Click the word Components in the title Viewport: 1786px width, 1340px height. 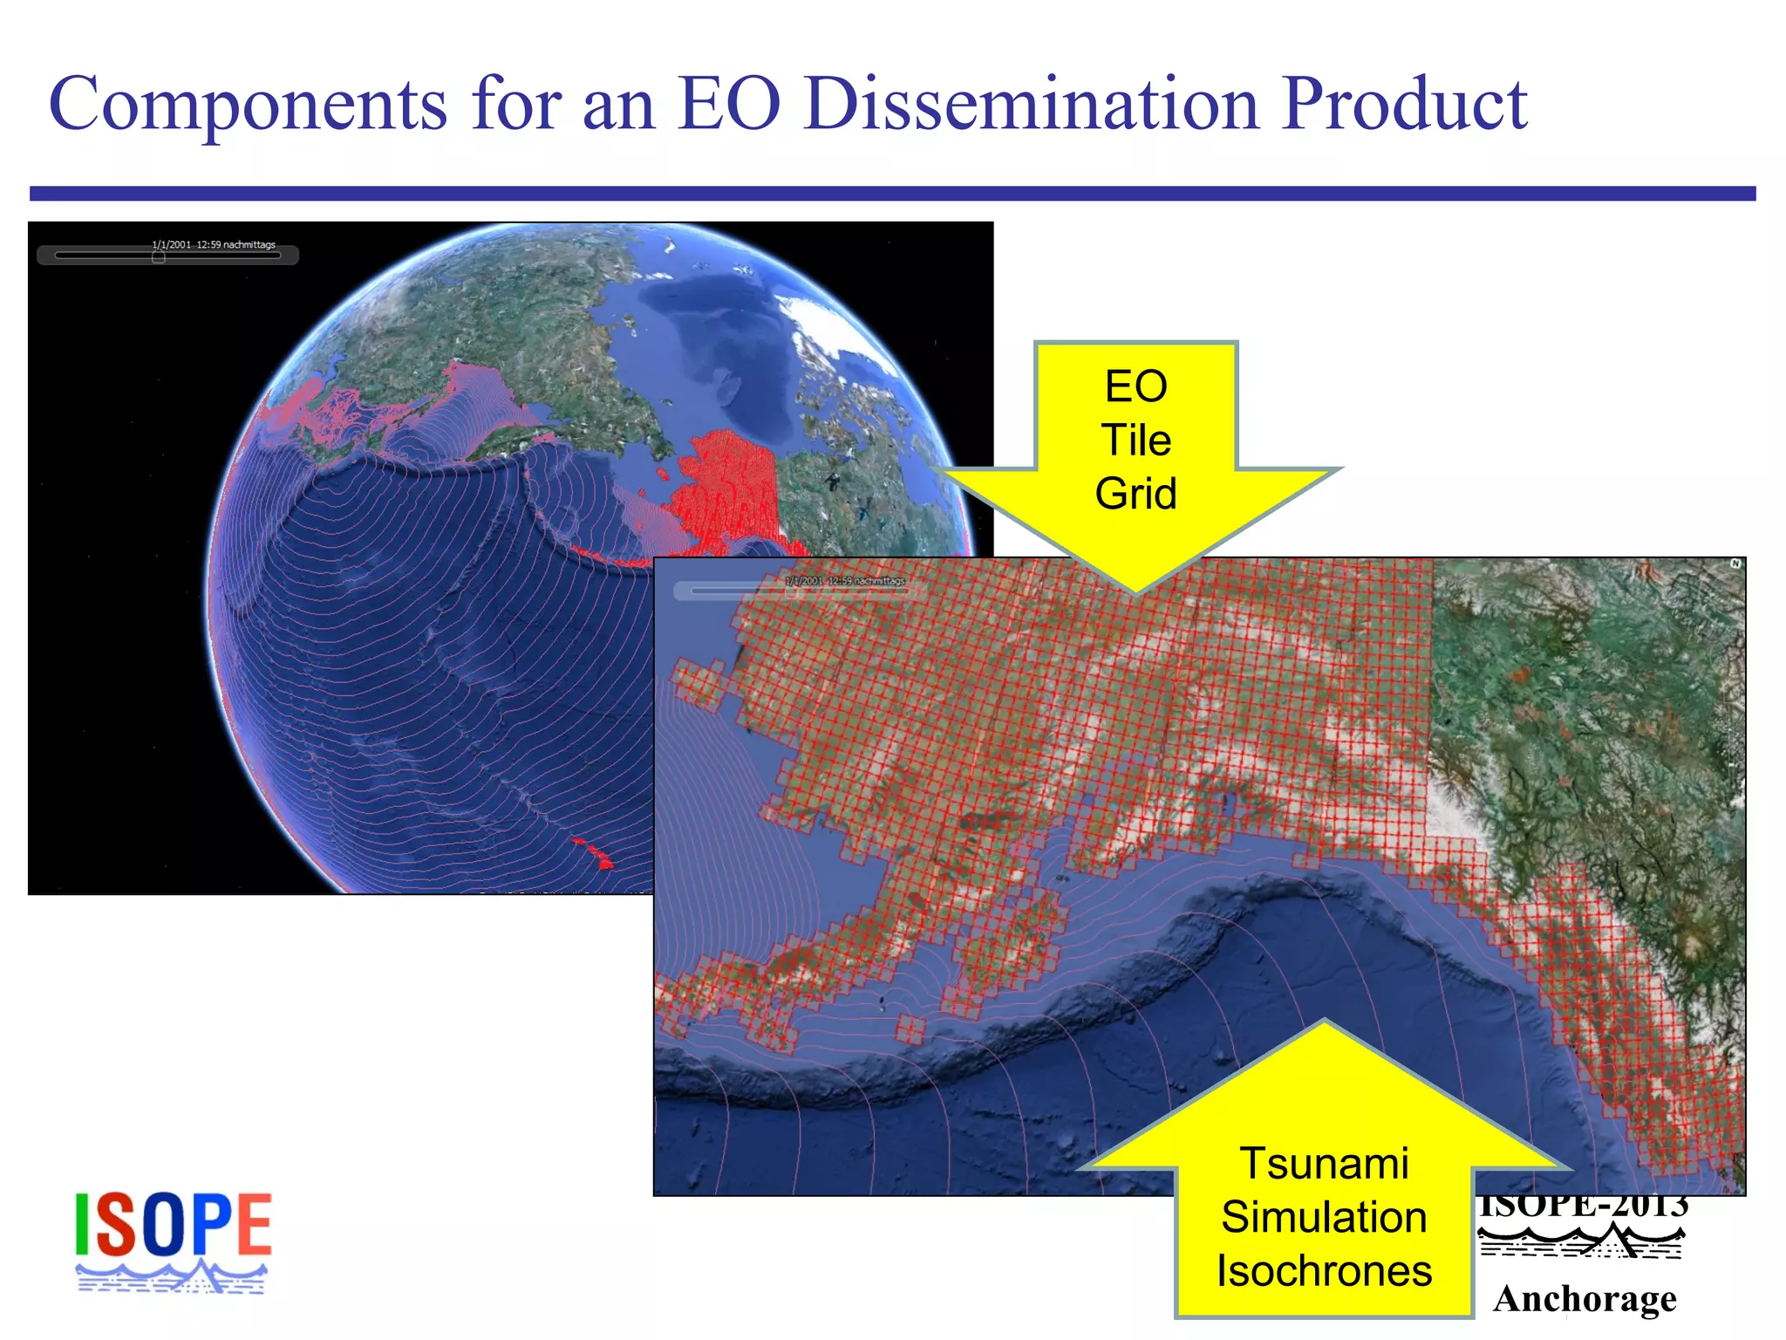click(248, 105)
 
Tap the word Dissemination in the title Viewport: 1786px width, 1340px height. click(1032, 105)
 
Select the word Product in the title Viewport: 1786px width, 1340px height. click(1405, 105)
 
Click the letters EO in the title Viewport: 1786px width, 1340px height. click(729, 105)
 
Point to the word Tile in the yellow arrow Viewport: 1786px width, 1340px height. click(1135, 441)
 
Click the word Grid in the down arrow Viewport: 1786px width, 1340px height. click(1135, 494)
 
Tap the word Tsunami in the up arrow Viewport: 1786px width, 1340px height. click(1324, 1164)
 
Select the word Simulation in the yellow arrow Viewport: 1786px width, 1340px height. click(1324, 1217)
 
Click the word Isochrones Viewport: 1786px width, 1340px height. click(1324, 1271)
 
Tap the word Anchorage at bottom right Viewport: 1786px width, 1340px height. click(1585, 1299)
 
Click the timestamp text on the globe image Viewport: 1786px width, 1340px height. click(214, 245)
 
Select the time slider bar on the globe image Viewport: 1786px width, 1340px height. click(167, 256)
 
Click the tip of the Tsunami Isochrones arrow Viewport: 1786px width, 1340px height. click(1324, 1022)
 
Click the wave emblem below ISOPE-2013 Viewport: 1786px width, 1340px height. click(1582, 1241)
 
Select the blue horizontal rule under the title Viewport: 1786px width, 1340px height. click(892, 194)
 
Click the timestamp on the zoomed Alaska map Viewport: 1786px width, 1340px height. click(844, 581)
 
